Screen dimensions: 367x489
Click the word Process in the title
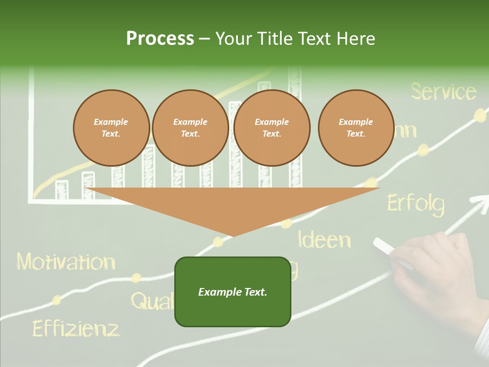tap(160, 39)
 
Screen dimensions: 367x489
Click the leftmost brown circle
tap(111, 128)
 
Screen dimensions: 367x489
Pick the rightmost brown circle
tap(356, 128)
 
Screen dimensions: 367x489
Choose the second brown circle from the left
tap(190, 128)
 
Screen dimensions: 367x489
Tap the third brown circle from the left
tap(272, 128)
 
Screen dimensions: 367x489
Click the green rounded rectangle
tap(233, 292)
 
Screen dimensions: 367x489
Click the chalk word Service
tap(443, 92)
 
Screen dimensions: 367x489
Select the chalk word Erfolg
tap(416, 203)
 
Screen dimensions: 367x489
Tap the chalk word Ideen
tap(324, 239)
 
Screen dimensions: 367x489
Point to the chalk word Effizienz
tap(76, 328)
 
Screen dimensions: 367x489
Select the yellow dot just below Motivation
tap(136, 278)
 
